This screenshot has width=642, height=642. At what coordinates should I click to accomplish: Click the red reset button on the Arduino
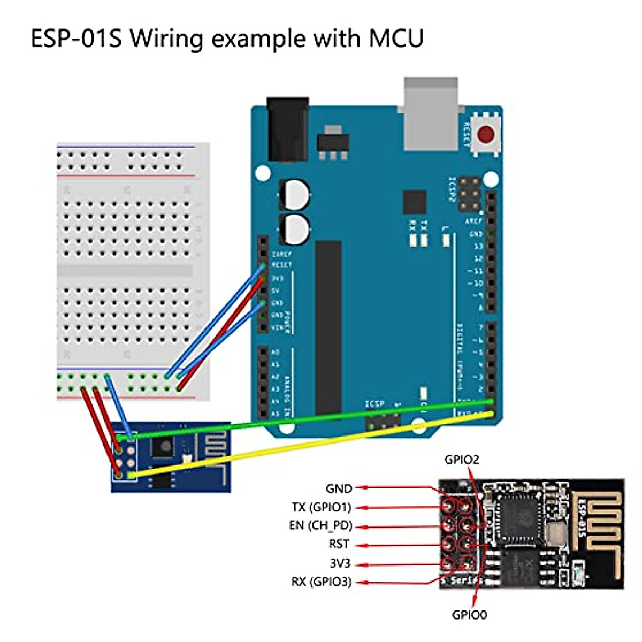(486, 134)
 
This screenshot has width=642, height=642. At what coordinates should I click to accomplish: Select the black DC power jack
(288, 129)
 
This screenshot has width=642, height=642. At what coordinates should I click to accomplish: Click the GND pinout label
(339, 488)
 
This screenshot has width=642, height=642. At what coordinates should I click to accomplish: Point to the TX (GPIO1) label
(321, 507)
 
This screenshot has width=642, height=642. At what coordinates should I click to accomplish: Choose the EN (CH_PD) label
(320, 525)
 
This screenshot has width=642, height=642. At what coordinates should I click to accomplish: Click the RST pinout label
(339, 544)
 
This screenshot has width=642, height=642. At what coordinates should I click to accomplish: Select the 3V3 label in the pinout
(340, 563)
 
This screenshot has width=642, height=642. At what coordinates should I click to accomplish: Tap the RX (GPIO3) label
(321, 582)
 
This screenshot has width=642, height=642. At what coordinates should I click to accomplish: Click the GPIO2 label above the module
(462, 460)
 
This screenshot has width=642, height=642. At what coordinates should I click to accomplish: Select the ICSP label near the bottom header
(374, 404)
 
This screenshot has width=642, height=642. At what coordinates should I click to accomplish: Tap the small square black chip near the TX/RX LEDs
(415, 202)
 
